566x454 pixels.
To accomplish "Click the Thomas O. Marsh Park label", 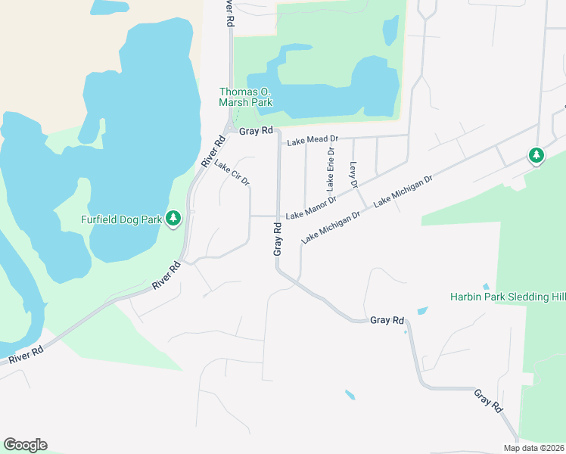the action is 245,97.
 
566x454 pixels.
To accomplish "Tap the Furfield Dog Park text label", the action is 122,220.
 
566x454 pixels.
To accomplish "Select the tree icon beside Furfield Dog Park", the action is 174,219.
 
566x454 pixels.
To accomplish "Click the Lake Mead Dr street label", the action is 312,139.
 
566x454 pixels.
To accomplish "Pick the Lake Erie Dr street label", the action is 331,169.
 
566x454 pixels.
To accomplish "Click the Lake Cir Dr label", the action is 232,173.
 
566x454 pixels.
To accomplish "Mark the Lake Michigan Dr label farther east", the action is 403,191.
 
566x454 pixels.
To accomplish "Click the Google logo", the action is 25,444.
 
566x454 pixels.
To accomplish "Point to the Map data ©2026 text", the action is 534,448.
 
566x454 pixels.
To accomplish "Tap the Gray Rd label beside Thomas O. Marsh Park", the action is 256,131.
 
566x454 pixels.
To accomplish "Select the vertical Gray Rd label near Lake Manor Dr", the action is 278,238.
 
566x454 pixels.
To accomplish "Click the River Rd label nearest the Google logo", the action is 26,350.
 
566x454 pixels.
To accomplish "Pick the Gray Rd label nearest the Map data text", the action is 489,401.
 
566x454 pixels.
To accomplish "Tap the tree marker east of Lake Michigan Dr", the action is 536,155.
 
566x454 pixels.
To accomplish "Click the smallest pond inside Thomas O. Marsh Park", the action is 390,30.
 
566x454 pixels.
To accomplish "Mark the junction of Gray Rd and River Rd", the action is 229,129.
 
